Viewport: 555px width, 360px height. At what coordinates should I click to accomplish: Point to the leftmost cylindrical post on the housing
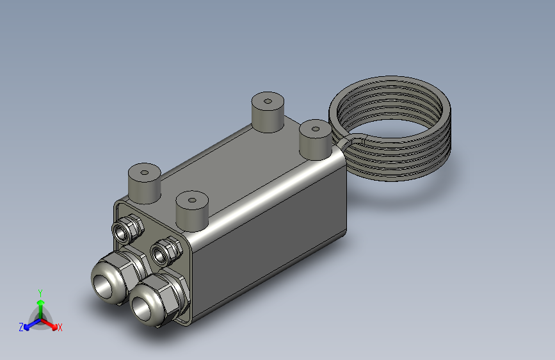tap(144, 182)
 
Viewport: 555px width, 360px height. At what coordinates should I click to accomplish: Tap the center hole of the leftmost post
tap(145, 172)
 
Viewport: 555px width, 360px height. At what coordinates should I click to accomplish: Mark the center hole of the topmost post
tap(268, 100)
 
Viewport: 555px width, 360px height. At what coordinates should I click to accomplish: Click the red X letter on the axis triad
tap(60, 327)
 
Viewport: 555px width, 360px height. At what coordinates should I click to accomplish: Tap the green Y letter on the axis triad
tap(40, 291)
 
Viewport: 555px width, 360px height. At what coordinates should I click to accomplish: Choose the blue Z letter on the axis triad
tap(21, 327)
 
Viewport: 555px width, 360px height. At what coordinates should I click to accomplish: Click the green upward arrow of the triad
tap(40, 303)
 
